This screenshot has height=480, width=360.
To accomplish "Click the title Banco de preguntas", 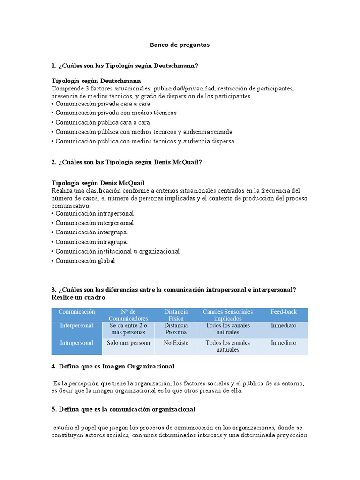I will [x=180, y=45].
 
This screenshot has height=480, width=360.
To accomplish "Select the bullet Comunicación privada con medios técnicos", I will [x=116, y=113].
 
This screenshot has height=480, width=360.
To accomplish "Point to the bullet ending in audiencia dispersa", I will [x=144, y=141].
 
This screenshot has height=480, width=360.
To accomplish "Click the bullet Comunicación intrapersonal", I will [x=94, y=213].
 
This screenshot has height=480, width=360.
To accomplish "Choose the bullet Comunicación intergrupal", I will [x=91, y=232].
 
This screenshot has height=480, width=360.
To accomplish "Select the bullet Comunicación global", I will [x=85, y=261].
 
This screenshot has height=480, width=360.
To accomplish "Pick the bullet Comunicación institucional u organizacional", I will [x=117, y=252].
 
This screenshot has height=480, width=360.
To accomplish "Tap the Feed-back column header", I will [x=283, y=312].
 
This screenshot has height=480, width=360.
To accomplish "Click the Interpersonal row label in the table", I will [x=76, y=325].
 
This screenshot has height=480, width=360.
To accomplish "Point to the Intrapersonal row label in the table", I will [x=76, y=343].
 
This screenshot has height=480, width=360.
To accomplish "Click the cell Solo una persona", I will [x=128, y=343].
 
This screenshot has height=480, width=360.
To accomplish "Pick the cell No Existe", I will [x=176, y=343].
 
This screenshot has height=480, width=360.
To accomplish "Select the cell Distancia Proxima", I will [x=176, y=329].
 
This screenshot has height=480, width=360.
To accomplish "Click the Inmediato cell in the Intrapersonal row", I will [x=283, y=343].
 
